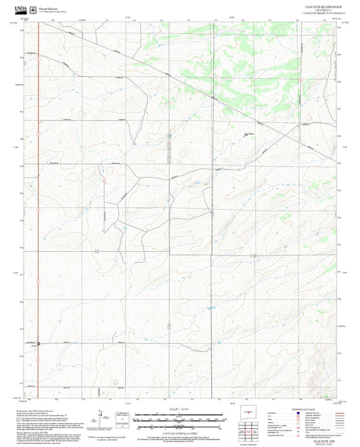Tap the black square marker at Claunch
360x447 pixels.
[x=38, y=344]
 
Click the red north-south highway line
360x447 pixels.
[x=38, y=203]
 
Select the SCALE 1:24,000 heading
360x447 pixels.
[x=180, y=409]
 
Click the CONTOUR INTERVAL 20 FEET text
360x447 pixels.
[x=180, y=433]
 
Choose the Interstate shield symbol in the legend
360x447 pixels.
[x=300, y=413]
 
